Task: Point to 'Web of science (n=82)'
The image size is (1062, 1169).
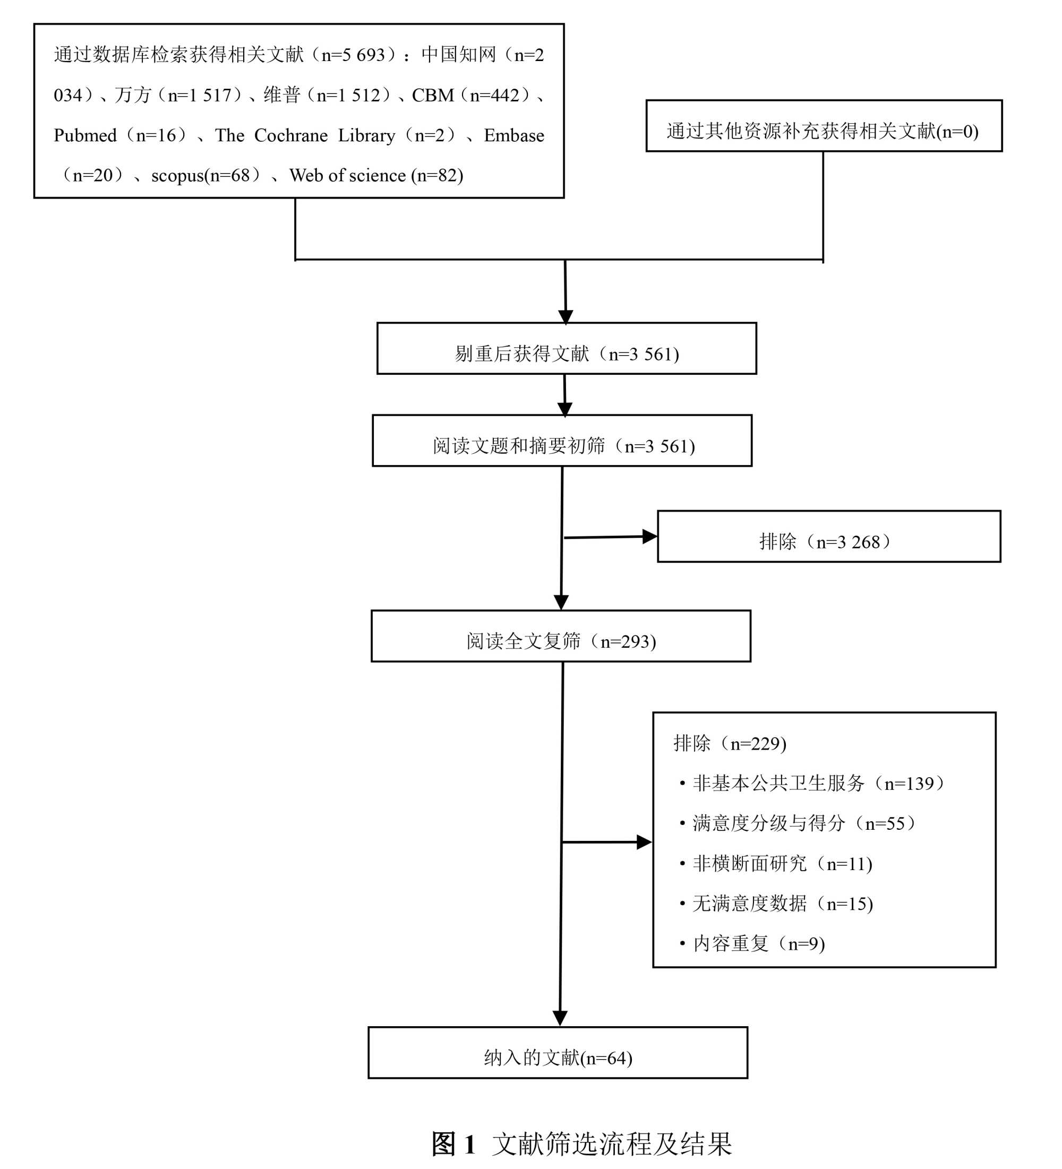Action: (376, 176)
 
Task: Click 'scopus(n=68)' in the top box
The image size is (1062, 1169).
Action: (201, 176)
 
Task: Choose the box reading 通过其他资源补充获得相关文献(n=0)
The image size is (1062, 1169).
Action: (824, 126)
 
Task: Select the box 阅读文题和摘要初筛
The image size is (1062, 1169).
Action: (561, 441)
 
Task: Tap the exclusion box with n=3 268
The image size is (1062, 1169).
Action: (829, 537)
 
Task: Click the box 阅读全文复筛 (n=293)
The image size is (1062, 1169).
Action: (560, 637)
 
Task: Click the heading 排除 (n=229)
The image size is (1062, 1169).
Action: (730, 743)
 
